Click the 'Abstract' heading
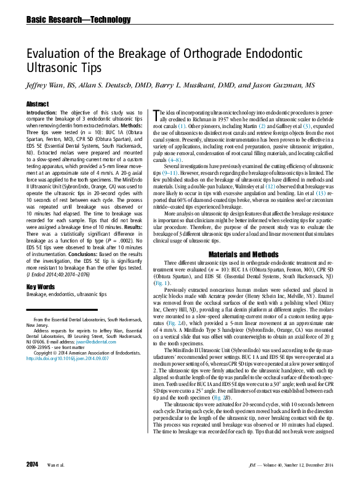38,105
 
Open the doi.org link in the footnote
68,357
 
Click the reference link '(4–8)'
175,159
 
